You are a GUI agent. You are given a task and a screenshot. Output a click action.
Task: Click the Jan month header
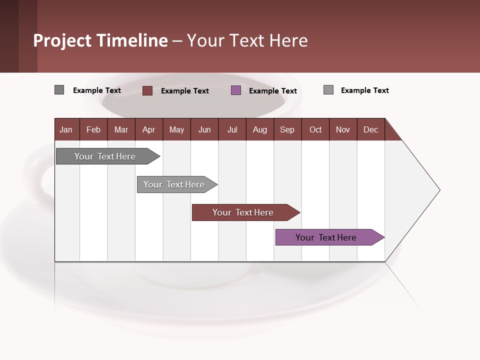[x=66, y=129]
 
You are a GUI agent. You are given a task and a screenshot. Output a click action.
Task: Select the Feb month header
[x=93, y=129]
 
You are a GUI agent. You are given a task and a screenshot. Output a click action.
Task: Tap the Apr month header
[x=149, y=129]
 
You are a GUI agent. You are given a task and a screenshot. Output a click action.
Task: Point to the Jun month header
[x=204, y=129]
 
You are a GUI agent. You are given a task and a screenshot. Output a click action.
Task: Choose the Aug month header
[x=260, y=129]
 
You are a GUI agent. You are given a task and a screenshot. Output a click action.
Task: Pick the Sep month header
[x=287, y=129]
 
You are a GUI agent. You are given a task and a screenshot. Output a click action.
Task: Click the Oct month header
[x=315, y=129]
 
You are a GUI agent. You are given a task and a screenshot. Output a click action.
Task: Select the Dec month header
[x=371, y=129]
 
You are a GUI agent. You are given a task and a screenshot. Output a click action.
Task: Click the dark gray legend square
[x=59, y=90]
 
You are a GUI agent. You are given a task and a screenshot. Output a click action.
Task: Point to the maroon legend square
[x=147, y=90]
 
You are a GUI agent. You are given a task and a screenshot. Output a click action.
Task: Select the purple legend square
[x=236, y=90]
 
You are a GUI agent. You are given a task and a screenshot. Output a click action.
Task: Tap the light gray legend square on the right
[x=328, y=90]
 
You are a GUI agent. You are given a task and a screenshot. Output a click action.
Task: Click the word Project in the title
[x=62, y=40]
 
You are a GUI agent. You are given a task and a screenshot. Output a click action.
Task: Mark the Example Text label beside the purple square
[x=273, y=90]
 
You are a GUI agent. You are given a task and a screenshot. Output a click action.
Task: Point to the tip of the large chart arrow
[x=439, y=190]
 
